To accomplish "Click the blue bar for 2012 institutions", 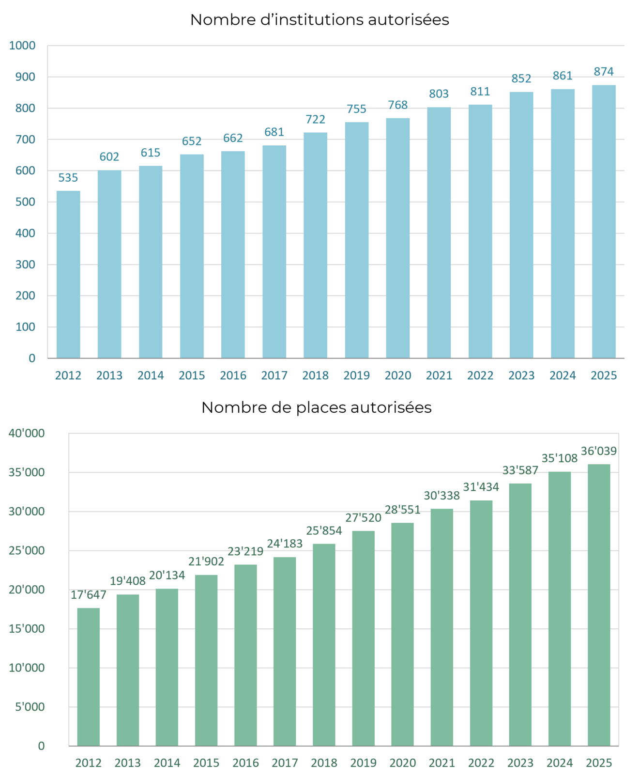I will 68,274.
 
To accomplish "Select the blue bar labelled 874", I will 604,221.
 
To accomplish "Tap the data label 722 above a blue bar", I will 315,119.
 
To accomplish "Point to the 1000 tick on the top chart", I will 22,46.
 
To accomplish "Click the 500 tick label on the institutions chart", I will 25,202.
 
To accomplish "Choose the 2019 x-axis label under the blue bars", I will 356,375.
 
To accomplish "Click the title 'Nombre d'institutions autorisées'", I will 319,20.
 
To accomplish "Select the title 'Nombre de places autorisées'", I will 316,407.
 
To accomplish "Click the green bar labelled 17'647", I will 88,677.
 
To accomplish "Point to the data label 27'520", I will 363,518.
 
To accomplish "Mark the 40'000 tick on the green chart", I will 27,433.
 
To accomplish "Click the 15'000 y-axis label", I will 27,629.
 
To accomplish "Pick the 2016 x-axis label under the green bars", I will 245,763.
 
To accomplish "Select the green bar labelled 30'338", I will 441,627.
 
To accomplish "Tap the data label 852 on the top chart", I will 521,78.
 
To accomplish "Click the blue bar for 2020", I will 397,238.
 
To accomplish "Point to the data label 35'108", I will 560,458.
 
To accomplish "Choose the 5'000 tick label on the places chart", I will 30,707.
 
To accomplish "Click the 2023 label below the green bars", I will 520,763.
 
